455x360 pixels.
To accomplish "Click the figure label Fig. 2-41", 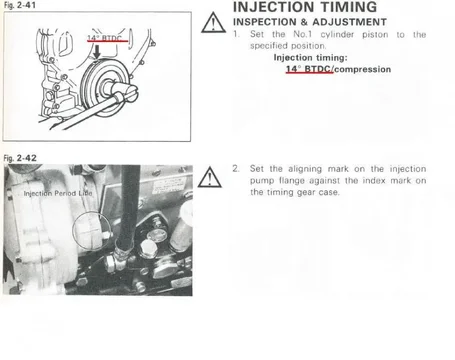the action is coord(20,5).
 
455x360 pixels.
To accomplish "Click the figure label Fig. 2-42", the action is coord(20,158).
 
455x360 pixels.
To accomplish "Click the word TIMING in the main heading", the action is coord(344,7).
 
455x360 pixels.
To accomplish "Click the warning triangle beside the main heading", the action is coord(213,23).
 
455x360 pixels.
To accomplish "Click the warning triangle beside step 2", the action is coord(209,177).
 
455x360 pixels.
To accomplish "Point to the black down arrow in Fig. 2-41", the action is coord(97,52).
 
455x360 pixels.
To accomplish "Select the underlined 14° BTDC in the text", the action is coord(308,69).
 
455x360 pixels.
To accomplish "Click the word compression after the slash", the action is coord(363,69).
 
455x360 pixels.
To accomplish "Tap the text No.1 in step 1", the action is coord(303,34).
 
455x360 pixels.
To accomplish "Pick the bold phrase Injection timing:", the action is coord(311,58).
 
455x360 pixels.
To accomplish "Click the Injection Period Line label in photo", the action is coord(58,193).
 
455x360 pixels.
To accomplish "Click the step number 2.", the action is coord(236,169).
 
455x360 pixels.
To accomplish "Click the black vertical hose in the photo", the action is coord(129,204).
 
